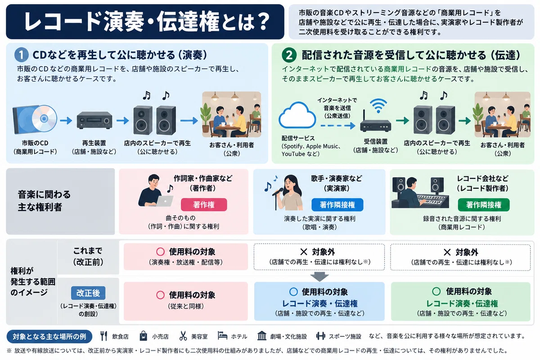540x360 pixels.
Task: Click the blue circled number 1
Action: [x=21, y=55]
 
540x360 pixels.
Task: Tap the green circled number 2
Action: [x=289, y=55]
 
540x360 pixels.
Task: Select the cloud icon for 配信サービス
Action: [x=297, y=115]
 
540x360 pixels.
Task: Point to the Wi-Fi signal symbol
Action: [x=378, y=105]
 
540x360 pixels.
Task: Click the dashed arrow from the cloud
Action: [x=338, y=126]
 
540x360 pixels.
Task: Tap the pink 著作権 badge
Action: [x=204, y=205]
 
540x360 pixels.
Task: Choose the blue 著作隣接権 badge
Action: [x=337, y=205]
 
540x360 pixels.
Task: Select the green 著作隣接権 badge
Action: [x=483, y=205]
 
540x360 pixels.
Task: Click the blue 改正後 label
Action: [x=88, y=293]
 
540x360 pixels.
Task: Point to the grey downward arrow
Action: [x=319, y=277]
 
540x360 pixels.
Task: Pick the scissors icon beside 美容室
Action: [x=183, y=336]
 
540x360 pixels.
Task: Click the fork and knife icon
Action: [x=103, y=336]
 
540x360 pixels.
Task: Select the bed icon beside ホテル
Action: [x=222, y=335]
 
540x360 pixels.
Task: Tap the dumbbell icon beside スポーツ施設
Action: [x=320, y=336]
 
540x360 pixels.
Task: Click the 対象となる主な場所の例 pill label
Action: [x=49, y=336]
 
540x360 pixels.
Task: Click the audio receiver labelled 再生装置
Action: [x=94, y=120]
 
